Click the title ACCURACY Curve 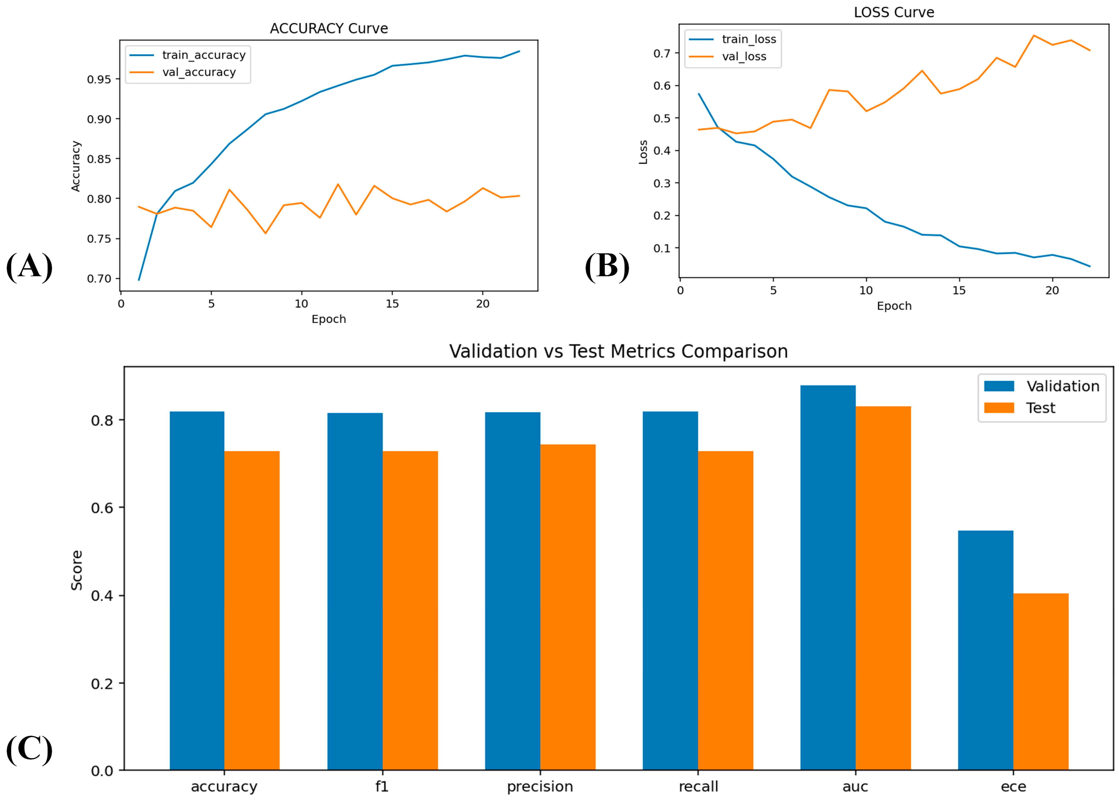tap(329, 29)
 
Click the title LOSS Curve tap(894, 12)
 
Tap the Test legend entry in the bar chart tap(1020, 408)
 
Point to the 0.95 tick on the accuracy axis tap(99, 79)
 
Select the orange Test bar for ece tap(1041, 682)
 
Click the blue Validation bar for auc tap(828, 577)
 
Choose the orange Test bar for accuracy tap(252, 610)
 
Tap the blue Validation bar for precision tap(513, 591)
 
